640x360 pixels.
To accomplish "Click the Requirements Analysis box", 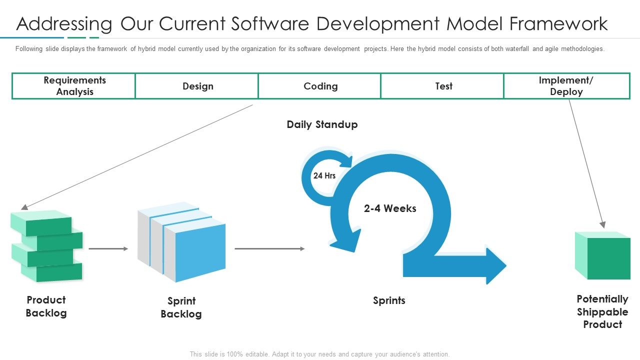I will pos(74,86).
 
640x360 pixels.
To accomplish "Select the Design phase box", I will pos(197,86).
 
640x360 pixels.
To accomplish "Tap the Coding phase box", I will pos(320,86).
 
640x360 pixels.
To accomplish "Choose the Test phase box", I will pos(443,86).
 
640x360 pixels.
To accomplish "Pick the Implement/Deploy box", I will pos(566,86).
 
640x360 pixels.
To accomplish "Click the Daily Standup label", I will pos(322,124).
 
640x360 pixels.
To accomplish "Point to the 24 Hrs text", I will pos(324,175).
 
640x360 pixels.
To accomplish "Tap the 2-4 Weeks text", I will pos(390,208).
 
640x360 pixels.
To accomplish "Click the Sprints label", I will pos(389,300).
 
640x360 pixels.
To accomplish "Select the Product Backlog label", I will pos(46,306).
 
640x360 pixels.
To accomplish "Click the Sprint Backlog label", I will pos(181,307).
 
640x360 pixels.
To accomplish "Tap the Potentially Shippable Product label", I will pos(602,311).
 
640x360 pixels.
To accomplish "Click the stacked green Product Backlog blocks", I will pos(47,246).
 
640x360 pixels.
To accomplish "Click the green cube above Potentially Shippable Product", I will pos(602,255).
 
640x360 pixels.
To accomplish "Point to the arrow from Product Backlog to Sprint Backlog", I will pos(108,248).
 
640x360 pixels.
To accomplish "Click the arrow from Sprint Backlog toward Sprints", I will pos(269,248).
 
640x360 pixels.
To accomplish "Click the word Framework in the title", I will pos(558,23).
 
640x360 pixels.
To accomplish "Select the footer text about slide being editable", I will pos(319,354).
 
